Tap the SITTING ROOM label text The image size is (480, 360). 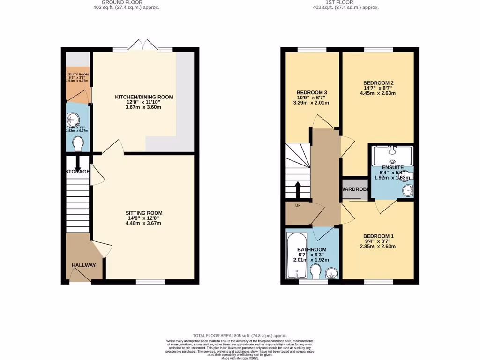(144, 213)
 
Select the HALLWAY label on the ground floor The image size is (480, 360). (83, 265)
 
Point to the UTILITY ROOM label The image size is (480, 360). (77, 75)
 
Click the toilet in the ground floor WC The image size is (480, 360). (78, 143)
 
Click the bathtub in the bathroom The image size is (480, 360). (296, 255)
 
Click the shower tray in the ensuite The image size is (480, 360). (392, 156)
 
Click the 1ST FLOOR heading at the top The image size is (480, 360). (340, 2)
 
